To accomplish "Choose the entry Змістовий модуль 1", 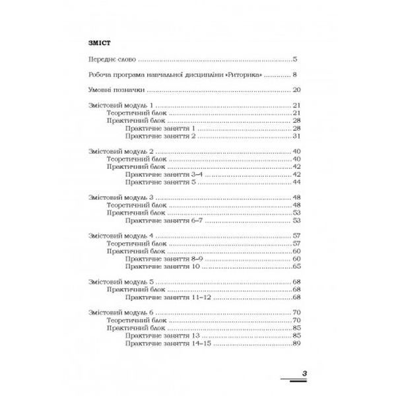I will [x=120, y=106].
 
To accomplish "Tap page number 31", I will [x=297, y=136].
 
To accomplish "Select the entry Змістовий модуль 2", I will [x=120, y=152].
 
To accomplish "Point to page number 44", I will [x=297, y=181].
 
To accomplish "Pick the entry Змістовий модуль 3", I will [x=120, y=197].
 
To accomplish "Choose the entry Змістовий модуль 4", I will [x=120, y=236].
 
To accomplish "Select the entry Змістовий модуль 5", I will [x=120, y=282].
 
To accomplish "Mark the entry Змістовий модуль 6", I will [x=120, y=312].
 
